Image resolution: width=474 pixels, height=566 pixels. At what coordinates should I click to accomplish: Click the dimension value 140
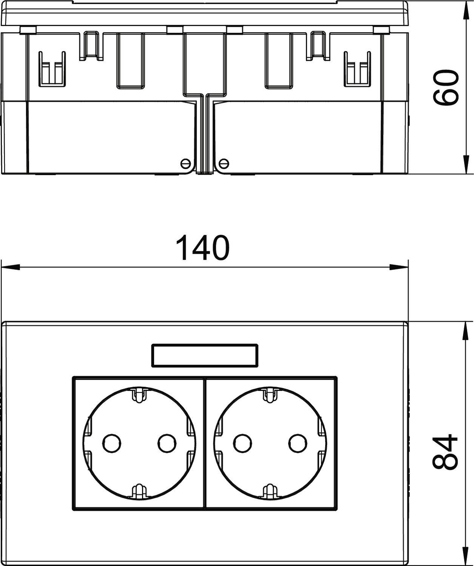(203, 248)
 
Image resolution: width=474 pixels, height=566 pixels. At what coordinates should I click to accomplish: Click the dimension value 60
(446, 88)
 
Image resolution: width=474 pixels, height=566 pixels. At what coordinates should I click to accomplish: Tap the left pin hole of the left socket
(112, 443)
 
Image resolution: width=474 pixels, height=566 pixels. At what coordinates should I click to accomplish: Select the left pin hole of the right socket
(242, 443)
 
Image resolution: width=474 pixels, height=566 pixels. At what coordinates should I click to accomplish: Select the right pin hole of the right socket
(297, 443)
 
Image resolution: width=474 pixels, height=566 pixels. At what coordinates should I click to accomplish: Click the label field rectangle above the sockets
(204, 355)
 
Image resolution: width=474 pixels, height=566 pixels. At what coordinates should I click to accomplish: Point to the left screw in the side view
(185, 163)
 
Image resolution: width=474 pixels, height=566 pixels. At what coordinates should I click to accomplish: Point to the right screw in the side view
(224, 163)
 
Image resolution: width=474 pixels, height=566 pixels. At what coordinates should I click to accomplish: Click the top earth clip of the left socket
(139, 395)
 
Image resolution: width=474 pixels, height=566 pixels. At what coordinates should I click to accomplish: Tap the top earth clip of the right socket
(270, 395)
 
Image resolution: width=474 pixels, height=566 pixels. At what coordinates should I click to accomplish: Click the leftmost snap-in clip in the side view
(52, 69)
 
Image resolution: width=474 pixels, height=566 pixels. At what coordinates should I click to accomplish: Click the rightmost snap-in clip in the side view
(356, 69)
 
